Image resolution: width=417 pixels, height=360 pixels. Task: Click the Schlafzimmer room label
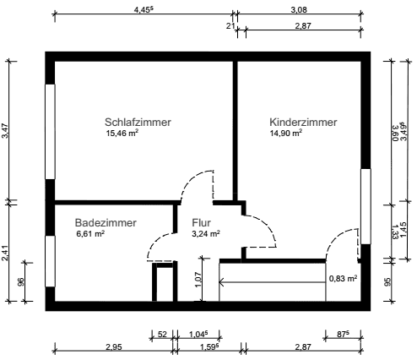[138, 122]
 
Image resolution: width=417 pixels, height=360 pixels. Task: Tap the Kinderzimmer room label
[303, 122]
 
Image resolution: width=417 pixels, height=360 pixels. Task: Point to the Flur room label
[201, 222]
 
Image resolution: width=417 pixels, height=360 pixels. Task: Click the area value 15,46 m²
[122, 134]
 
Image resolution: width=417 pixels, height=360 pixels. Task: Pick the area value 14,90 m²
[286, 134]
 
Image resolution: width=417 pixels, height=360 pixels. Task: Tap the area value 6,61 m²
[90, 234]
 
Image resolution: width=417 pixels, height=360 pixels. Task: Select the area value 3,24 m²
[206, 234]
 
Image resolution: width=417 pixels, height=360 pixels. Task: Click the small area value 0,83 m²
[343, 278]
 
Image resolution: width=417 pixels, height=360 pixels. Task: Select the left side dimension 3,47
[6, 131]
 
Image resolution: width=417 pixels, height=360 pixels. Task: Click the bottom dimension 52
[162, 335]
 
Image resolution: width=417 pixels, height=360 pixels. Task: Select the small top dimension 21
[230, 26]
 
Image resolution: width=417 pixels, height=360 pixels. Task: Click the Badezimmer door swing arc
[157, 244]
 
